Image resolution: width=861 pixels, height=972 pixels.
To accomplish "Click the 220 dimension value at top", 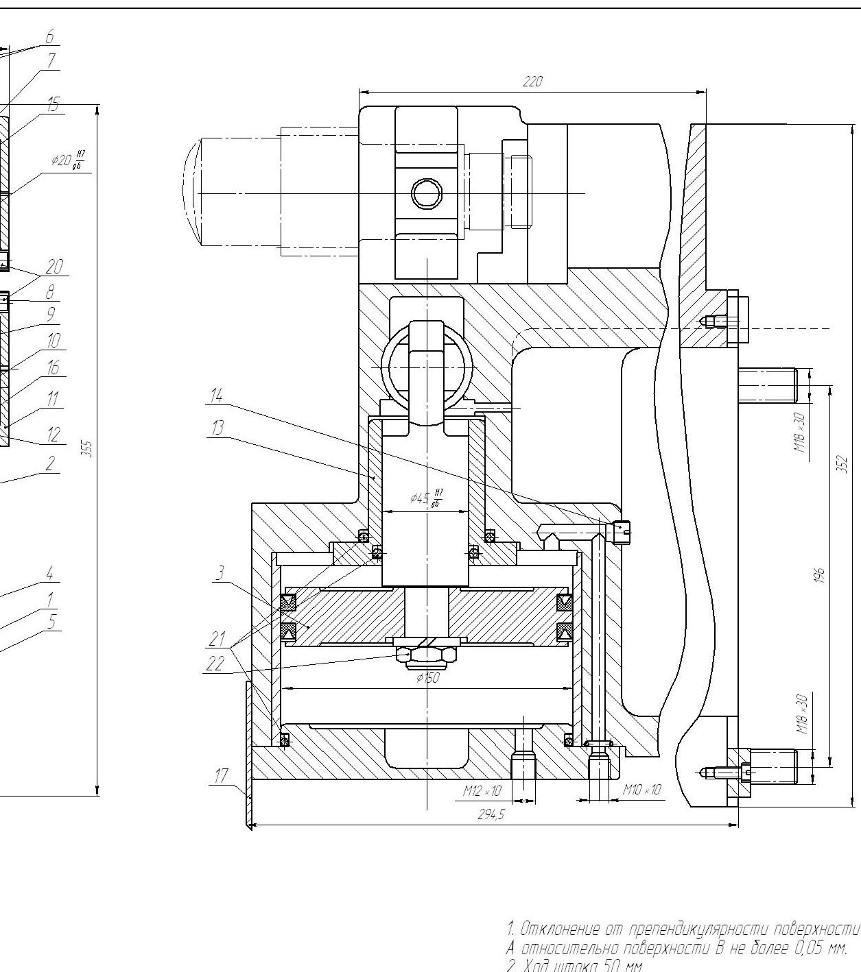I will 532,82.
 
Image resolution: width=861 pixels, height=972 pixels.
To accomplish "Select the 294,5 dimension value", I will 491,815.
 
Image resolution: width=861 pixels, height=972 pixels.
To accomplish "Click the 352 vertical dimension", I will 845,464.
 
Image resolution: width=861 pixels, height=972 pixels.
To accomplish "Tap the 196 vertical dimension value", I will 820,574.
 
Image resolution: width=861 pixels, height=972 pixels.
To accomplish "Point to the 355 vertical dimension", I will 86,449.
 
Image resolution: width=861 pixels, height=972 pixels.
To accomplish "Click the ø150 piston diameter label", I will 427,679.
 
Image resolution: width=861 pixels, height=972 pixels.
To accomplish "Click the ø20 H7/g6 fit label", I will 69,160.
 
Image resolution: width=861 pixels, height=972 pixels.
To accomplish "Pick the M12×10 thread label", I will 482,791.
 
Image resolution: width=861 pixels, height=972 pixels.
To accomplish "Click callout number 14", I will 217,396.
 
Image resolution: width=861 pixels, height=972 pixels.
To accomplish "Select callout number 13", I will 217,428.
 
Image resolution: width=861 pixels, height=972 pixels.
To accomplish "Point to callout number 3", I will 220,573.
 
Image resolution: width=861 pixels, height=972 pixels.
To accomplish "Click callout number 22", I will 215,664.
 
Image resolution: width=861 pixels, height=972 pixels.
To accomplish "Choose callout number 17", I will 220,776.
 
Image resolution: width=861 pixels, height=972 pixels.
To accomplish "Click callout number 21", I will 217,639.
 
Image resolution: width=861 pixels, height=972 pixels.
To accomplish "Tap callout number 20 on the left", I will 54,267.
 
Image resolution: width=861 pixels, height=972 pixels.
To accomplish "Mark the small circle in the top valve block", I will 426,194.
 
